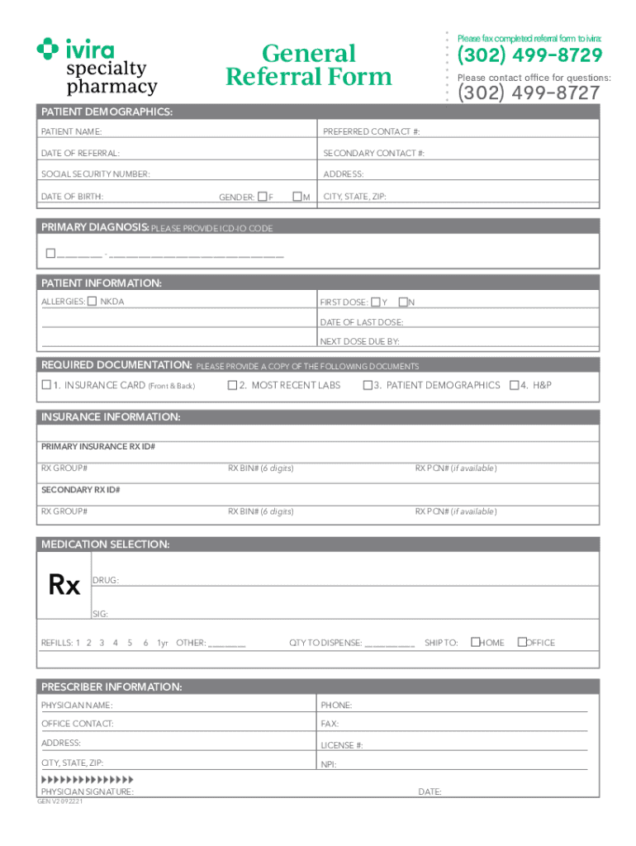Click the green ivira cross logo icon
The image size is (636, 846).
coord(48,50)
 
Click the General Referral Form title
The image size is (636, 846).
coord(309,65)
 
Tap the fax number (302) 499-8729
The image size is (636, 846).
coord(529,56)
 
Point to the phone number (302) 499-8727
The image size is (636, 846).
coord(529,93)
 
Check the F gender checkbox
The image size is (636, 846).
coord(262,197)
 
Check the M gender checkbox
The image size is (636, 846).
coord(297,197)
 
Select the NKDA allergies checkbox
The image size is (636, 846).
coord(92,302)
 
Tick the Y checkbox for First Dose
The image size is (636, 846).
coord(375,302)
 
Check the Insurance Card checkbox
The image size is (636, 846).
coord(46,385)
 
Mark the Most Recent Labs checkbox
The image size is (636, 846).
coord(232,385)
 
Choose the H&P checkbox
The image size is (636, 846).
coord(514,385)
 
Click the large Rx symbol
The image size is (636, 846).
coord(64,585)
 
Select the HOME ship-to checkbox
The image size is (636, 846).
coord(475,642)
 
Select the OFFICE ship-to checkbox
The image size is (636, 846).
coord(521,642)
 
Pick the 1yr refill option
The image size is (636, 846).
coord(163,643)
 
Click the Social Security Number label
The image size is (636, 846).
coord(96,174)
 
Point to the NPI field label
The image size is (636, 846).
coord(329,765)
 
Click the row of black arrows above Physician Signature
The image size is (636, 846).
coord(87,779)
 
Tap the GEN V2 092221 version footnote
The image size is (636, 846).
coord(60,801)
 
